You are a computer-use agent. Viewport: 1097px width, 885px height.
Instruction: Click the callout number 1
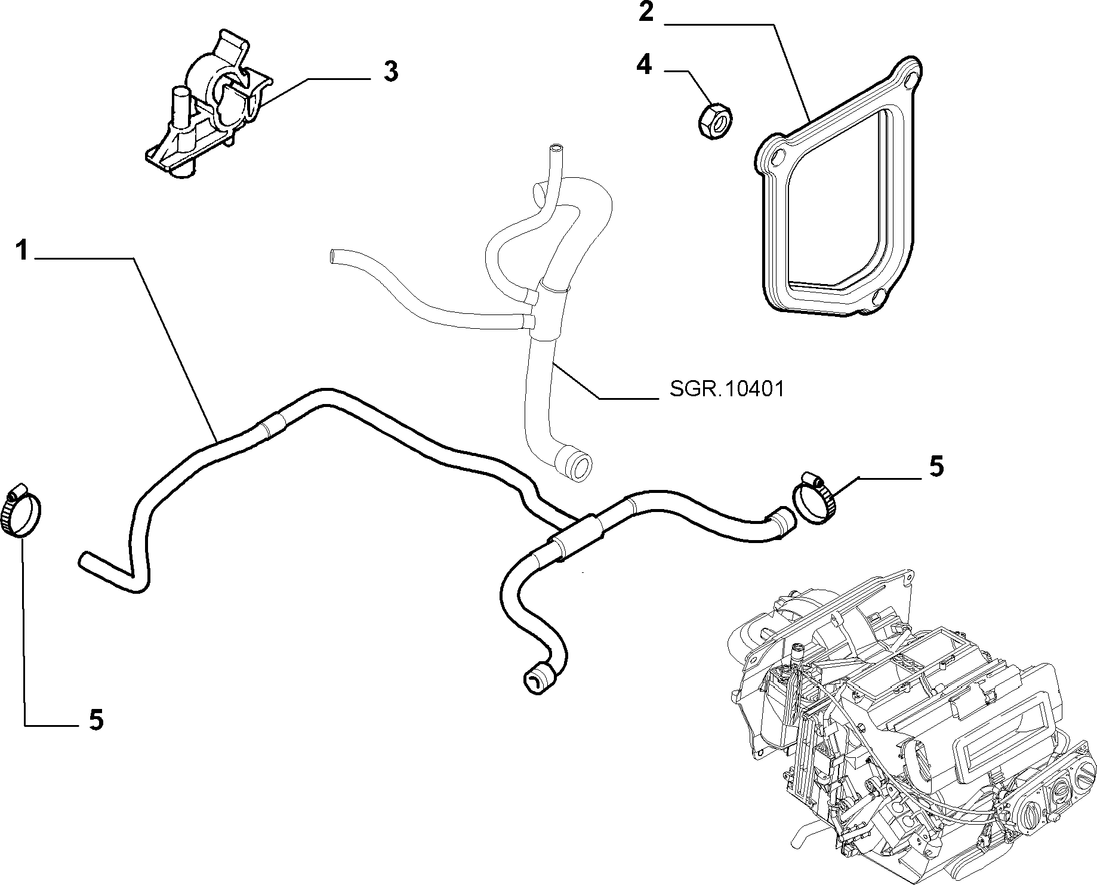click(x=22, y=250)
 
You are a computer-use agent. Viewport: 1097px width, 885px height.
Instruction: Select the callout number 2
click(x=646, y=13)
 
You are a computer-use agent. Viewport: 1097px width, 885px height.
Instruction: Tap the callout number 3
click(x=390, y=72)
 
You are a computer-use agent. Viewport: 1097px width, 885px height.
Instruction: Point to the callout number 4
click(x=645, y=64)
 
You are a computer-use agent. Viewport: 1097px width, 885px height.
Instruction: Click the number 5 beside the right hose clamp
click(x=936, y=466)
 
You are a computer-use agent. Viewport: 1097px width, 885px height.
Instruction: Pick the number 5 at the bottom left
click(x=95, y=720)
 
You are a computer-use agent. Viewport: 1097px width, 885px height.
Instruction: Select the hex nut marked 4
click(x=716, y=119)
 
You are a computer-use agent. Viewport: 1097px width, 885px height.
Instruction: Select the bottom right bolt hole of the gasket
click(x=877, y=297)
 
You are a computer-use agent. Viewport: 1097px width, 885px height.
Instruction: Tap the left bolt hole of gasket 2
click(x=776, y=156)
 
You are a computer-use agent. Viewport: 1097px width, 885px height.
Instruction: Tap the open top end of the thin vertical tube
click(x=556, y=146)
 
